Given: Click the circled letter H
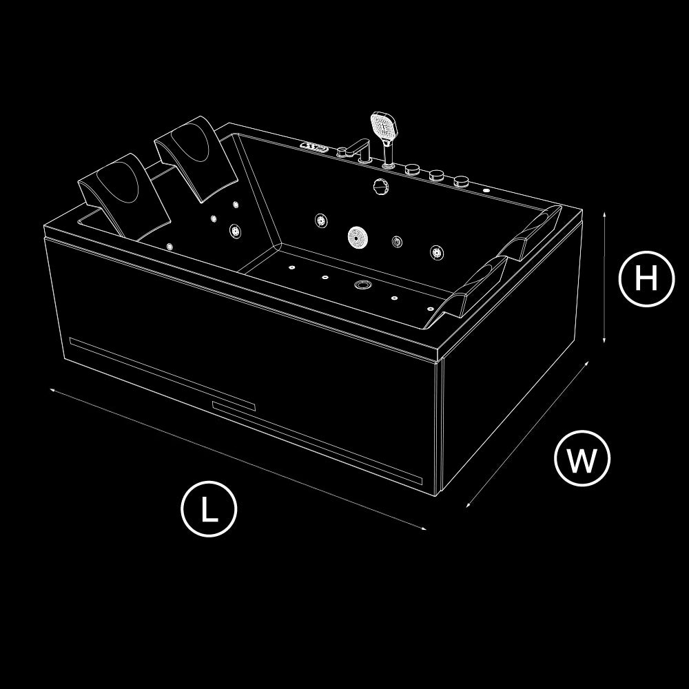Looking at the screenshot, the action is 646,278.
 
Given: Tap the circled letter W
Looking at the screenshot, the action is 582,459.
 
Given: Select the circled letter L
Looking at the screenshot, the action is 209,509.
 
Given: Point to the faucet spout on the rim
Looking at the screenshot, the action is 353,148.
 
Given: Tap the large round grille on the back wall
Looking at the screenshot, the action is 358,236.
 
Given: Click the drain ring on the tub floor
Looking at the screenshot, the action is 363,285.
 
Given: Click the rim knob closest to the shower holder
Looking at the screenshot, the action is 412,169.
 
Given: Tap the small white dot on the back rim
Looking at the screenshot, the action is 486,191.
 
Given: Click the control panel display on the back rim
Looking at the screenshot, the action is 313,146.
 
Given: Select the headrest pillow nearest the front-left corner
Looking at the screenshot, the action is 124,194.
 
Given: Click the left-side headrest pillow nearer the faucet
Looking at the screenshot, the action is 196,158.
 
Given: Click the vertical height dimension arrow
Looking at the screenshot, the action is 605,277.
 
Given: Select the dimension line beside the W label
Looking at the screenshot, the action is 527,434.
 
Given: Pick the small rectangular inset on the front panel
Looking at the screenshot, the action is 234,406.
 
